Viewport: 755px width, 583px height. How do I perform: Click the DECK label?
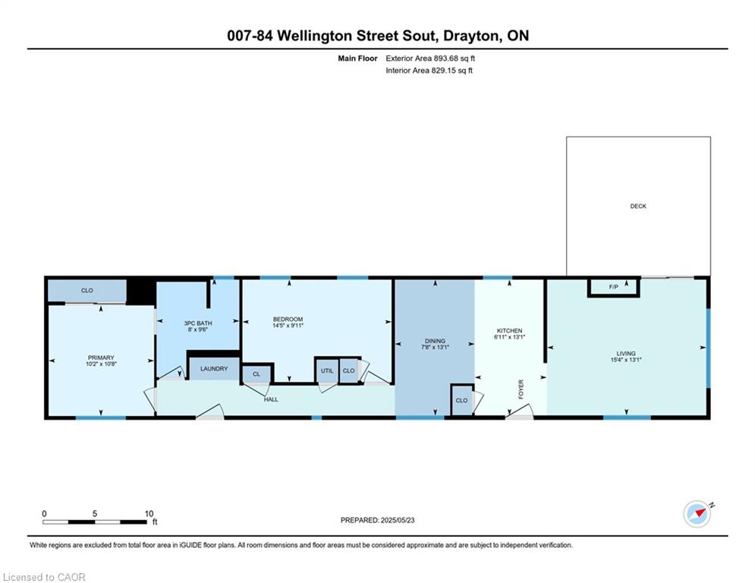tap(638, 206)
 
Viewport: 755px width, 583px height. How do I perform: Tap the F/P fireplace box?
tap(613, 287)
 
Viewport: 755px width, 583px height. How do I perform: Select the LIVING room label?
tap(626, 353)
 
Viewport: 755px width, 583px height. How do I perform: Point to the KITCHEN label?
tap(509, 330)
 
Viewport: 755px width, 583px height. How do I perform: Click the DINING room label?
tap(435, 341)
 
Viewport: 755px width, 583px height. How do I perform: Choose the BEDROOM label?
tap(288, 319)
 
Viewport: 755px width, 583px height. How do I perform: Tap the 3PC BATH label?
tap(198, 323)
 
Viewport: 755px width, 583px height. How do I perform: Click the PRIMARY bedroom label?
tap(101, 358)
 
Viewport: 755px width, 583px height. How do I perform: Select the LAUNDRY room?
tap(214, 369)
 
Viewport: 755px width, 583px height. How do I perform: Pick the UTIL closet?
tap(327, 370)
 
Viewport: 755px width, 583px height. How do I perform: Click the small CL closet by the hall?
tap(256, 374)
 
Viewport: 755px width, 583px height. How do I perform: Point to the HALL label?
tap(271, 399)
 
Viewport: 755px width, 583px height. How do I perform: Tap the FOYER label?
tap(521, 389)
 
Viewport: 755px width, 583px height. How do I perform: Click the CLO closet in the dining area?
tap(462, 400)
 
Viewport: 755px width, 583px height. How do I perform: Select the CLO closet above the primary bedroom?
tap(87, 291)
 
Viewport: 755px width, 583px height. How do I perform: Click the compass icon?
tap(697, 514)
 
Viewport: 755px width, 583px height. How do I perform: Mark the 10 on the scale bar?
tap(149, 514)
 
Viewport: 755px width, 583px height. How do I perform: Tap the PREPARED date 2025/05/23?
tap(398, 520)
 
